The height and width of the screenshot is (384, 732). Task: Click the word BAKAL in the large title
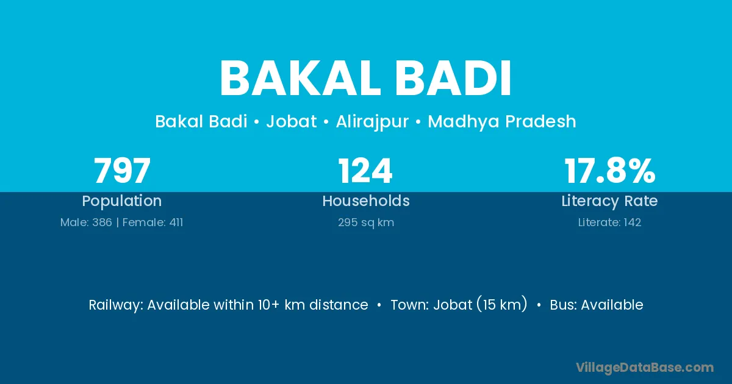click(x=301, y=79)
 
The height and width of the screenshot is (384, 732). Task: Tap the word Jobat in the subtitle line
click(x=292, y=121)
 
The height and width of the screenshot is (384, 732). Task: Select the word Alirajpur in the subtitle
click(x=372, y=122)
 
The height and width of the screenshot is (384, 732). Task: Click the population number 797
click(x=122, y=171)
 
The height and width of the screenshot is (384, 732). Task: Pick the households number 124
click(x=365, y=171)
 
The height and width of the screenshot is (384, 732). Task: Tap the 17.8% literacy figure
click(x=610, y=171)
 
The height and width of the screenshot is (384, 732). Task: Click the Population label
click(x=122, y=201)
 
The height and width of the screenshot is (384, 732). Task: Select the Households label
click(x=366, y=201)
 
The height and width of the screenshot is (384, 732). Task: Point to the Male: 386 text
click(x=86, y=222)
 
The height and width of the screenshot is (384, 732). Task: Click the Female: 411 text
click(x=152, y=222)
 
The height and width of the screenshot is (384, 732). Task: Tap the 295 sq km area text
click(x=366, y=222)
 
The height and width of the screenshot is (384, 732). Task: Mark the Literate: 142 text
click(x=610, y=222)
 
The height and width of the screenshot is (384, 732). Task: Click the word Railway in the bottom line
click(x=116, y=305)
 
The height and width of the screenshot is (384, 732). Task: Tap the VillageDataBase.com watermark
click(x=645, y=368)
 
